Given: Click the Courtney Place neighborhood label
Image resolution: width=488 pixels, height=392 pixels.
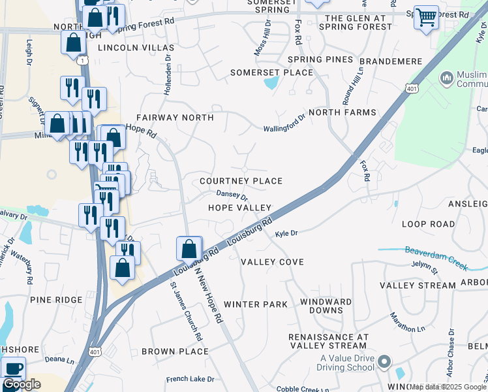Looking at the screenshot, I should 241,181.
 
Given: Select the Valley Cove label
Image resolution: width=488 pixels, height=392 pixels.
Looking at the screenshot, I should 272,262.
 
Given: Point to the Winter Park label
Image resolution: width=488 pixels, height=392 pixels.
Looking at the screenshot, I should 255,304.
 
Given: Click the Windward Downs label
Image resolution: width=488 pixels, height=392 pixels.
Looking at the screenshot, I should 326,306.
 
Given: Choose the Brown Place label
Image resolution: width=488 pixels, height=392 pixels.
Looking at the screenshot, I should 175,351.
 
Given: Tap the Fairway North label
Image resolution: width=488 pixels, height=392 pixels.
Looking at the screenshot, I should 174,118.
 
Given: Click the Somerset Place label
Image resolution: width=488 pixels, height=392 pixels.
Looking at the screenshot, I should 272,73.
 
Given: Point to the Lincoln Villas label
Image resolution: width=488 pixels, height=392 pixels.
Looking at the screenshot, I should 136,48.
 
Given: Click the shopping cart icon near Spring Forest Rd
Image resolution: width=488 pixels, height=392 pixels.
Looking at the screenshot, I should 426,17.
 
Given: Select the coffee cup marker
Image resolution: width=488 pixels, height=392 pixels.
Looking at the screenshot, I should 13,368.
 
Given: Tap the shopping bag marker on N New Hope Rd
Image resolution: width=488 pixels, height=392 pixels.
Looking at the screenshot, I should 189,249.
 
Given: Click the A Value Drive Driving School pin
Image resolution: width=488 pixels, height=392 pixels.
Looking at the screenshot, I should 384,361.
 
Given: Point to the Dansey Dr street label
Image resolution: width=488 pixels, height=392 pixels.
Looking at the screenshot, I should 232,195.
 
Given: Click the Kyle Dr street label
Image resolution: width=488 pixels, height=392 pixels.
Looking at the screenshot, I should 286,233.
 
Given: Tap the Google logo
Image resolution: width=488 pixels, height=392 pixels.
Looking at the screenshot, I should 22,385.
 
